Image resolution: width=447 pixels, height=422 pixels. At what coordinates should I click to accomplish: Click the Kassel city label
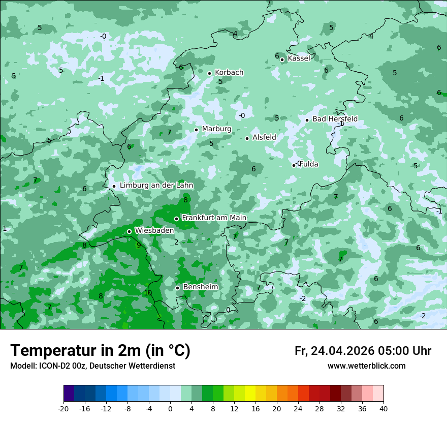coord(299,58)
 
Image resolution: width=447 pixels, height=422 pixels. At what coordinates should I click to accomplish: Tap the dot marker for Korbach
coord(209,73)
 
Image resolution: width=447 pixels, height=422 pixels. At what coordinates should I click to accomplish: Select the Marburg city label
coord(216,129)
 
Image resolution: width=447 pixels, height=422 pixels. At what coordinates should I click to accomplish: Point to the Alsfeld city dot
coord(247,138)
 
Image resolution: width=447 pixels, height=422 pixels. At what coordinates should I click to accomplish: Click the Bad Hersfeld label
coord(335,119)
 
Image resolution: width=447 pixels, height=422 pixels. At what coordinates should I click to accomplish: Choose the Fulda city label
coord(309,164)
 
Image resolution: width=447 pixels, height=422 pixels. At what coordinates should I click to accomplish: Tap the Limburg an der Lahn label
coord(156,186)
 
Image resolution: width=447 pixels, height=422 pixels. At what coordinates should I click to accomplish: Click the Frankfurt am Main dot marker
coord(176,219)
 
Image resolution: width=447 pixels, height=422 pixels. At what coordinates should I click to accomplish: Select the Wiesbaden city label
coord(154,231)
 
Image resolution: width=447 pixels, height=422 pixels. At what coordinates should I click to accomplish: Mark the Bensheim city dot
coord(177,288)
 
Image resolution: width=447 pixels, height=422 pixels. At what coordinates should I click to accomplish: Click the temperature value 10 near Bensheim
coord(148,293)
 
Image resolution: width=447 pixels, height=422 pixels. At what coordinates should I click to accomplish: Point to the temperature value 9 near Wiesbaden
coord(139,245)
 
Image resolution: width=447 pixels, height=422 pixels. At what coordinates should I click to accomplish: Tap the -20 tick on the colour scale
coord(63,409)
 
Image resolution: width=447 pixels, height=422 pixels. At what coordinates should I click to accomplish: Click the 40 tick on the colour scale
coord(383,409)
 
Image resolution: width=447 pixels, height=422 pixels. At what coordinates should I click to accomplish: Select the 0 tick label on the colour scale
coord(170,409)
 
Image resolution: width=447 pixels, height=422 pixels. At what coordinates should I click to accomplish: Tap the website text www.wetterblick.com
coord(366,366)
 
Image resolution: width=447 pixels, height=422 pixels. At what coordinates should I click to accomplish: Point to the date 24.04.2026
coord(342,351)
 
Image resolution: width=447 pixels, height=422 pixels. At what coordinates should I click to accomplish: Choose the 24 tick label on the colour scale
coord(298,409)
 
